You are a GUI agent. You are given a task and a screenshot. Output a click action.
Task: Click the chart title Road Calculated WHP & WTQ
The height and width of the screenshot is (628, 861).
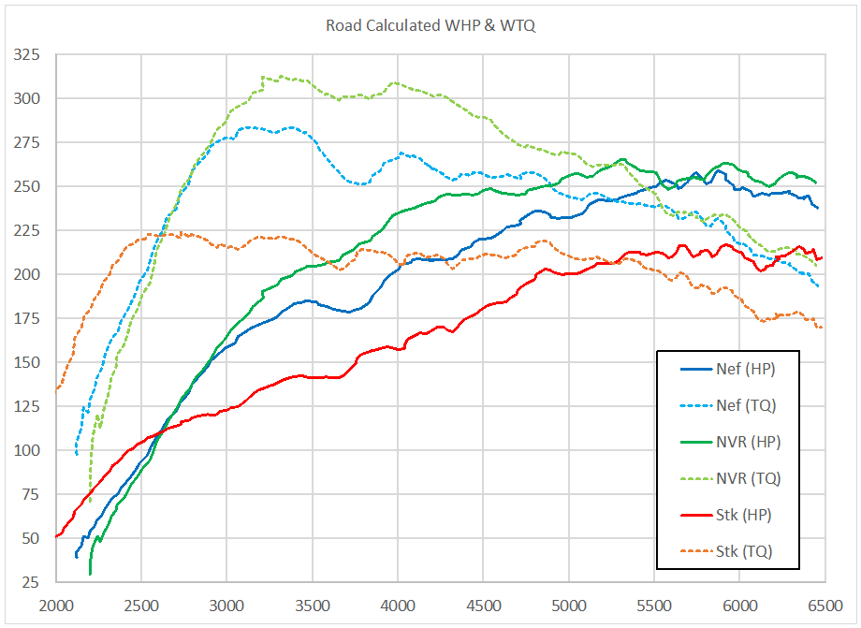[430, 25]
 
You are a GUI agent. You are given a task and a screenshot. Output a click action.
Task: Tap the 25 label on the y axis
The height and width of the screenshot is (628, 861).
[33, 582]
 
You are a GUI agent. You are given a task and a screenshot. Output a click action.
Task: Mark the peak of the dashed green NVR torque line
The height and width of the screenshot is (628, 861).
[264, 77]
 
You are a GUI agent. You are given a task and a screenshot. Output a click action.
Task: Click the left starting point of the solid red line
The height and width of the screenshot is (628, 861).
[57, 536]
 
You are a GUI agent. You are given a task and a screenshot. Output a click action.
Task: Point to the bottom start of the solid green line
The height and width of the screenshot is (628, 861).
[90, 573]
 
